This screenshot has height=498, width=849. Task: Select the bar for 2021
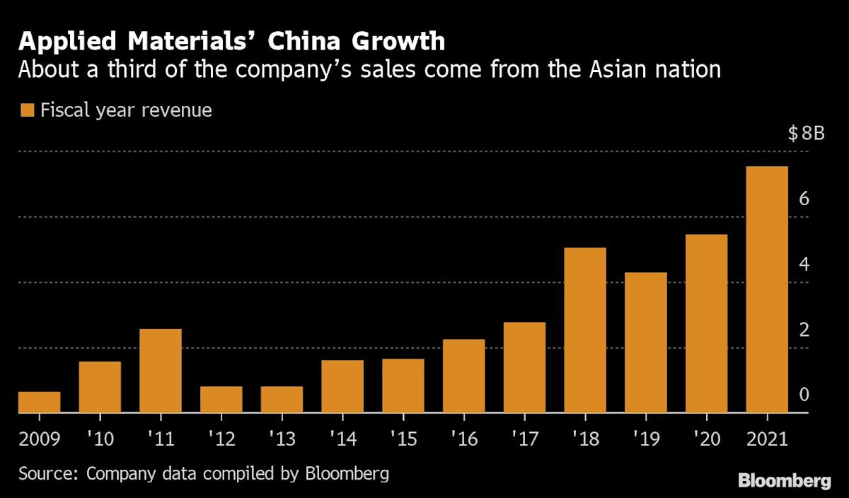(x=767, y=289)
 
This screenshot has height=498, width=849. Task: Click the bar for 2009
(x=39, y=402)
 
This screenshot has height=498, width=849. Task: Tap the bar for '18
(x=585, y=330)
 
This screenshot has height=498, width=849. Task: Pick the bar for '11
(x=161, y=371)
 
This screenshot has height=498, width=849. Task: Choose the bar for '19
(x=646, y=342)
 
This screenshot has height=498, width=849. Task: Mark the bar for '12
(x=221, y=399)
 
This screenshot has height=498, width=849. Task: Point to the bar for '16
(x=463, y=376)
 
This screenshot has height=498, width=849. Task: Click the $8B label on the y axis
(x=806, y=135)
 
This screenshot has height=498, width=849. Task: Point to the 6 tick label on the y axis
(x=804, y=199)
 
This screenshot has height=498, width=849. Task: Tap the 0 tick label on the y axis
(x=804, y=395)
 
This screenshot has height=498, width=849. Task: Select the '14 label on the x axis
(x=342, y=439)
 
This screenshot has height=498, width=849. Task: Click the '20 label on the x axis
(x=706, y=439)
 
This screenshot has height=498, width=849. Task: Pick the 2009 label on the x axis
(x=39, y=439)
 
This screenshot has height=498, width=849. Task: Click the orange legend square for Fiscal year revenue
(x=28, y=111)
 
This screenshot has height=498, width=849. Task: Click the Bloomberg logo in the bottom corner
(x=785, y=481)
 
